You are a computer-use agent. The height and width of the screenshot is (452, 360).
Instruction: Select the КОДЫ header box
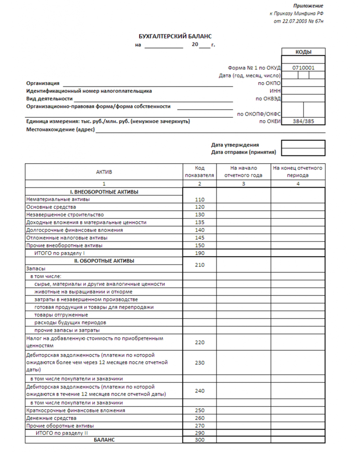coord(303,52)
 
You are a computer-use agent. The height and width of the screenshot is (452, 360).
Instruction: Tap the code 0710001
coord(303,68)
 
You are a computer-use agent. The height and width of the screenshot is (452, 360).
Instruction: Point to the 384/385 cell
coord(303,121)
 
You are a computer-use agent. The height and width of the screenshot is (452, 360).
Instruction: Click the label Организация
coord(43,83)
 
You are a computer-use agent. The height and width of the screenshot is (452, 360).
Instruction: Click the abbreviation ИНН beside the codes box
coord(275,90)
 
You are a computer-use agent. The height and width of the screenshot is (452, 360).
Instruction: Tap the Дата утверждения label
coord(235,145)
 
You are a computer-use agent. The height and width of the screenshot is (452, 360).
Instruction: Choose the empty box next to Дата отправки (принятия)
coord(303,152)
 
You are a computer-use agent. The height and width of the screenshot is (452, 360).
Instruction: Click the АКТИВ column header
coord(104,172)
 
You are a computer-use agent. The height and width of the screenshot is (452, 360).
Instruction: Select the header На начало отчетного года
coord(243,172)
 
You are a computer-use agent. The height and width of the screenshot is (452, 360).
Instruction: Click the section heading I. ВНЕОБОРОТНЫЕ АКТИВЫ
coord(104,192)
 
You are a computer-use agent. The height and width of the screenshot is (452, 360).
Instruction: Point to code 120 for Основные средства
coord(200,207)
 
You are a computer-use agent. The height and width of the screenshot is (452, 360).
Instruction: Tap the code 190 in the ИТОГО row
coord(200,253)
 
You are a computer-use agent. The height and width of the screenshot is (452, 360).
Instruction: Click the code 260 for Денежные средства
coord(200,418)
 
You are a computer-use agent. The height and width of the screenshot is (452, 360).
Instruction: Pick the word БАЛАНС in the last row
coord(104,440)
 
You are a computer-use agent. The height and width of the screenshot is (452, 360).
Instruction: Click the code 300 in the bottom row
coord(200,440)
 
